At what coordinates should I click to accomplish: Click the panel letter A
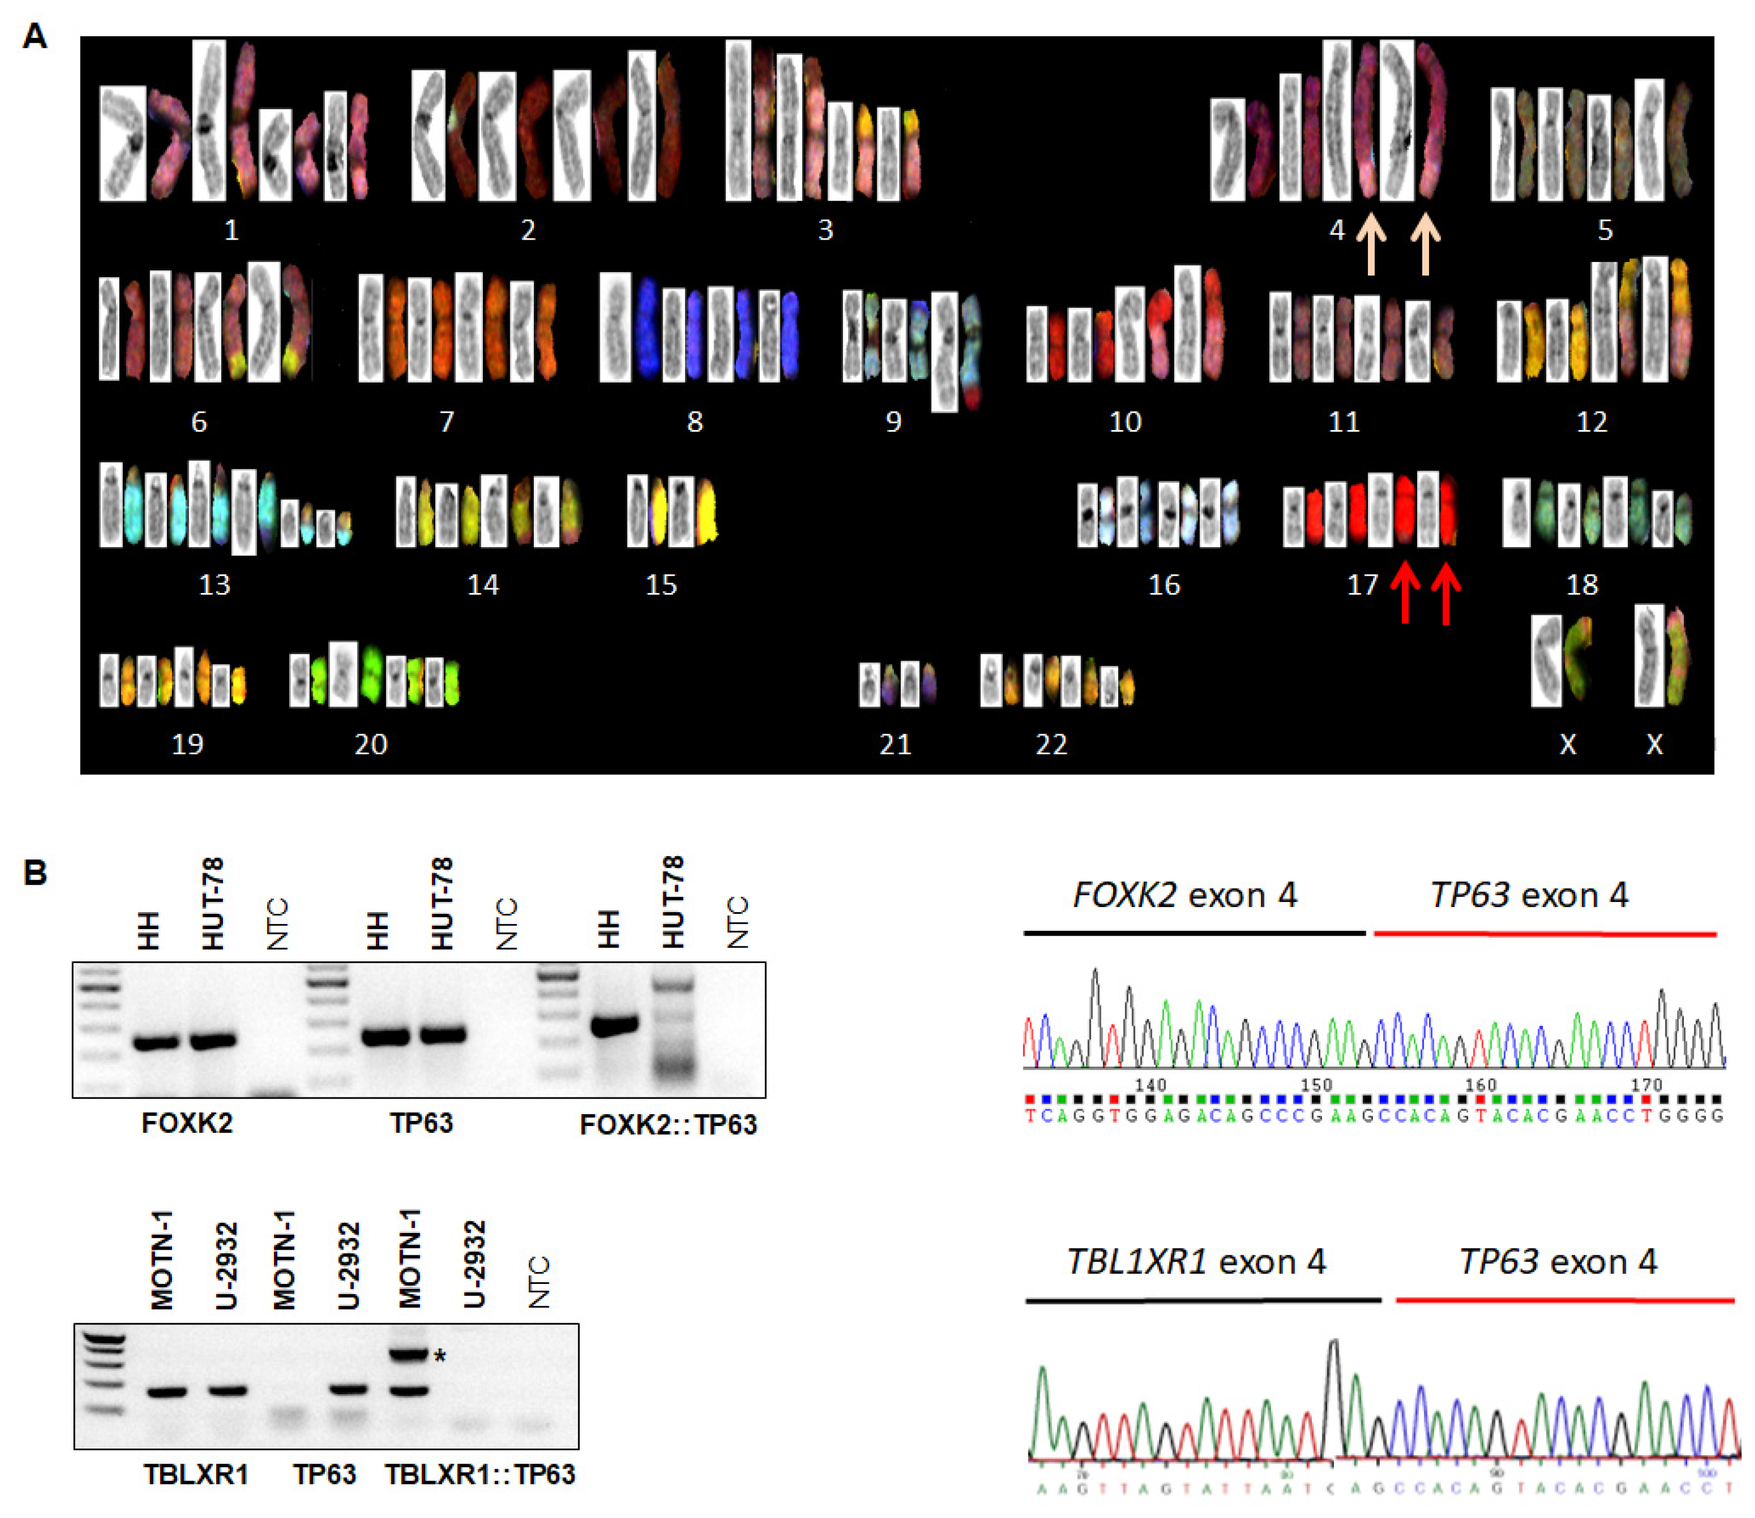coord(34,36)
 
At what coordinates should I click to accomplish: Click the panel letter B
coord(34,872)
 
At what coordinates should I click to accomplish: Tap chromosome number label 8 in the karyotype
coord(694,422)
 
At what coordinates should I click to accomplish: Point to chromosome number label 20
coord(370,744)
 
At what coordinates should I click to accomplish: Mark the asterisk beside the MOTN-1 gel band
coord(440,1358)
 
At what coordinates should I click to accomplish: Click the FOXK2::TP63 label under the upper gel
coord(668,1124)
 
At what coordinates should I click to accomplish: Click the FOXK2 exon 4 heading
coord(1185,895)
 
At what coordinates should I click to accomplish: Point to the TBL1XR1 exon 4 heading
coord(1196,1262)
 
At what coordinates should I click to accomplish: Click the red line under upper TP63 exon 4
coord(1544,933)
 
